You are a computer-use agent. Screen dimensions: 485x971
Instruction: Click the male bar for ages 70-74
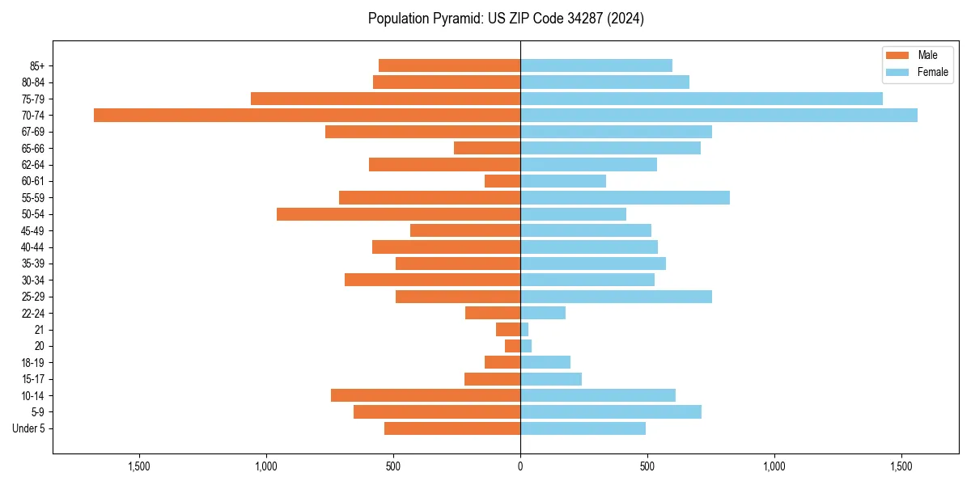point(307,115)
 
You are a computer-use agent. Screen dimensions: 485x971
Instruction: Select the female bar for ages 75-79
point(701,99)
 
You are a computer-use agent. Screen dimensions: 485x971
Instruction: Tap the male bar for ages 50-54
point(398,214)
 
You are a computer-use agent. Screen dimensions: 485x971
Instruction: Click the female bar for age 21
point(524,329)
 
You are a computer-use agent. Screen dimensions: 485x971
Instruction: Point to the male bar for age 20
point(512,346)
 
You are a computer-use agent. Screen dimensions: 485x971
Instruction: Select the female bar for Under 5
point(583,428)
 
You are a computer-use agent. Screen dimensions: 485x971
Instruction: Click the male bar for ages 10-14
point(425,395)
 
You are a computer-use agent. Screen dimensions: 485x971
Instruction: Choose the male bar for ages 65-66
point(486,148)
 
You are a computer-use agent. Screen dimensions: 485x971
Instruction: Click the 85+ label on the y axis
point(37,65)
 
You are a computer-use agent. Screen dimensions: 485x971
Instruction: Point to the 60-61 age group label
point(34,181)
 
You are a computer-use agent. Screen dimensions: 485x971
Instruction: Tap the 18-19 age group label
point(34,362)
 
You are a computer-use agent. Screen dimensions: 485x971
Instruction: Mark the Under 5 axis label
point(29,428)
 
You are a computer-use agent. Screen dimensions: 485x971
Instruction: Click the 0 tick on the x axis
point(520,466)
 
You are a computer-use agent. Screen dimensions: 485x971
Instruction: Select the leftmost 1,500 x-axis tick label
point(139,466)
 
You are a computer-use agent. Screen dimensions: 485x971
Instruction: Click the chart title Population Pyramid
point(506,19)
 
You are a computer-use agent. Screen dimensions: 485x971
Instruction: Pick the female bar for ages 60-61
point(563,181)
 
